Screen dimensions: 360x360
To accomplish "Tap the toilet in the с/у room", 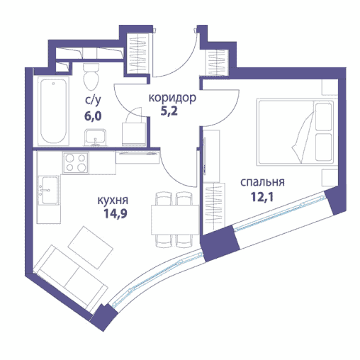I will click(91, 74).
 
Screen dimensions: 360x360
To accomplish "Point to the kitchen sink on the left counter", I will click(47, 191).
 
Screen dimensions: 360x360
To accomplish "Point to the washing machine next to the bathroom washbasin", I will click(133, 133).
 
